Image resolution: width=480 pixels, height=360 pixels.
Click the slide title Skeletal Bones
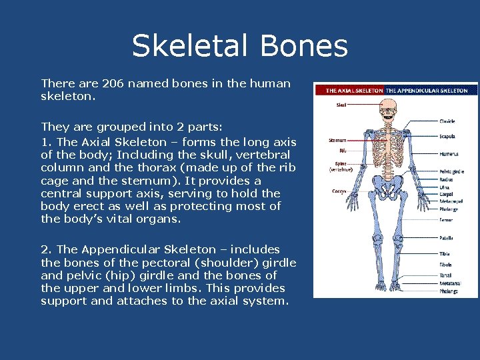point(239,47)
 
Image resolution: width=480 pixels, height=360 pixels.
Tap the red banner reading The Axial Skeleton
point(354,90)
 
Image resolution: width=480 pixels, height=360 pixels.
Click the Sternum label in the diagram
point(337,141)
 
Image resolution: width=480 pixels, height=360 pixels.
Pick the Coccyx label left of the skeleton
point(338,191)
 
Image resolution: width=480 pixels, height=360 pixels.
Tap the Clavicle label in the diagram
point(447,121)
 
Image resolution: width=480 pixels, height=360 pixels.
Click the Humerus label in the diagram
point(449,154)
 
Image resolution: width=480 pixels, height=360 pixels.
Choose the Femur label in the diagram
point(445,219)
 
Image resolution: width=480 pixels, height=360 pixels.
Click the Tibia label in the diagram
point(444,254)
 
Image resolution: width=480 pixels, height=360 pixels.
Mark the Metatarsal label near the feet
point(449,283)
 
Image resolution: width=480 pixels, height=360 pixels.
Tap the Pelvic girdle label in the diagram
point(451,171)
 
